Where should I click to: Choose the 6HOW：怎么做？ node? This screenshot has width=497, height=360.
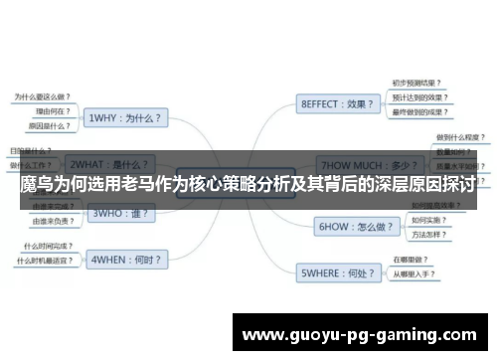click(x=350, y=227)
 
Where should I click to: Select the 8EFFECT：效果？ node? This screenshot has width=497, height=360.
click(x=337, y=102)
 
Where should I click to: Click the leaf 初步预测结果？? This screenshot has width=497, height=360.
click(x=415, y=84)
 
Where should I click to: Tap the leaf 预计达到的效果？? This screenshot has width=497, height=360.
click(x=417, y=98)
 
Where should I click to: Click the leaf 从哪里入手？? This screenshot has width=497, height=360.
click(x=416, y=273)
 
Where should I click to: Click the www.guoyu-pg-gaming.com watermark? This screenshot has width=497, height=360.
click(x=361, y=333)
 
